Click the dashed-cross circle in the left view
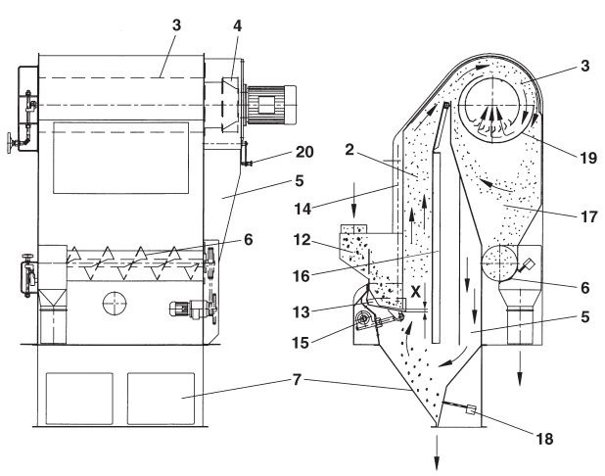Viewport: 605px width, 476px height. click(x=112, y=304)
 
